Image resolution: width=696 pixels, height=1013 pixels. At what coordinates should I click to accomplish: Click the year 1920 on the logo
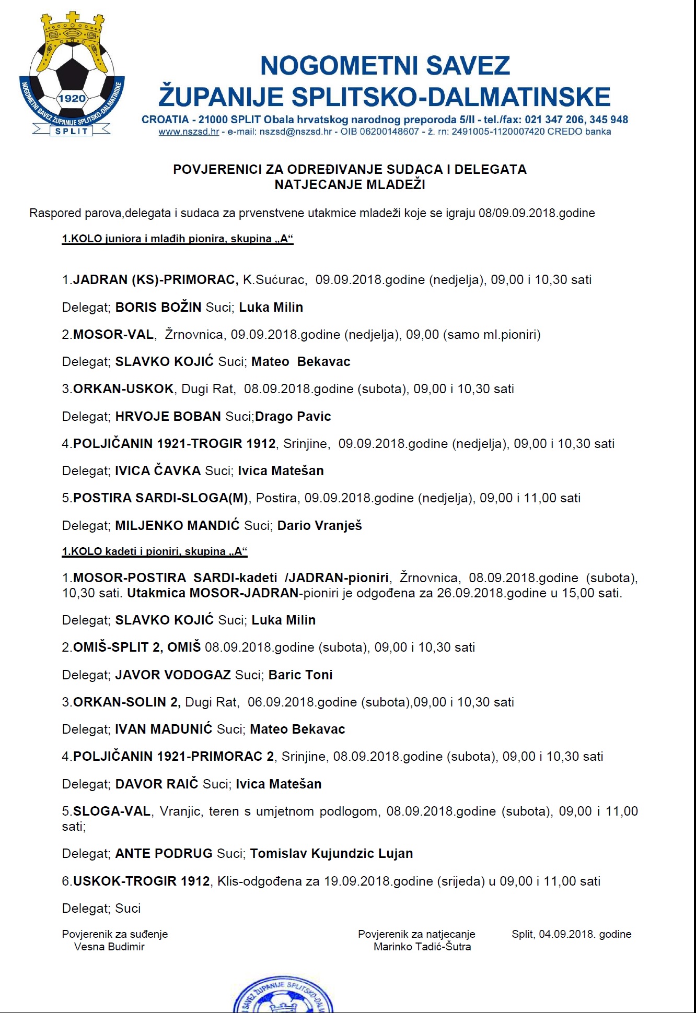click(72, 99)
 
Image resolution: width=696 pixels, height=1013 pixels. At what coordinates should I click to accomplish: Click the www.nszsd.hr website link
click(189, 132)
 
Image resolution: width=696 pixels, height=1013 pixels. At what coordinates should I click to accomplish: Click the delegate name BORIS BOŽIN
click(158, 307)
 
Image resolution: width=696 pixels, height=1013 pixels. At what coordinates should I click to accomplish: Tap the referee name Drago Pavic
click(293, 416)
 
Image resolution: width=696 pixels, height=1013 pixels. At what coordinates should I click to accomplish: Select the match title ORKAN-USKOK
click(123, 389)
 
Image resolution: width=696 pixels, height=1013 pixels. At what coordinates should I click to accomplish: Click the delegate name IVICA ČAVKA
click(158, 470)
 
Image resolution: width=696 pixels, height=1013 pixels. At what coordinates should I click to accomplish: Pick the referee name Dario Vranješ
click(319, 525)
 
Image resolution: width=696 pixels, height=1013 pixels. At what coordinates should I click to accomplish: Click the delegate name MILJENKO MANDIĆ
click(177, 525)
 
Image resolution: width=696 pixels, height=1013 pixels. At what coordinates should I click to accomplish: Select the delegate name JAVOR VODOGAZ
click(173, 675)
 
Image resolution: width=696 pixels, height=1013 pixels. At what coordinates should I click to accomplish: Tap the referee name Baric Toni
click(300, 675)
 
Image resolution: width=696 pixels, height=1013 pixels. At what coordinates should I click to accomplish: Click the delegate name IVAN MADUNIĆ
click(164, 729)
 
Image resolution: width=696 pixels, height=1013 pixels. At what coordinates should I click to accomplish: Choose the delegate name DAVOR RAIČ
click(157, 784)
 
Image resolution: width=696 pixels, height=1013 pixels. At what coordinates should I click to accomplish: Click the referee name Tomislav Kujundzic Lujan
click(331, 853)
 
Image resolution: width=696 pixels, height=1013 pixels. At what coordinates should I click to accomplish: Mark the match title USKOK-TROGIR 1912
click(141, 881)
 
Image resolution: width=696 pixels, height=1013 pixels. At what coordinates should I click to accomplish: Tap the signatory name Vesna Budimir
click(109, 947)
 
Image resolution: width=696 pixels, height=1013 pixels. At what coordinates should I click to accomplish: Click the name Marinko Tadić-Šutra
click(422, 947)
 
